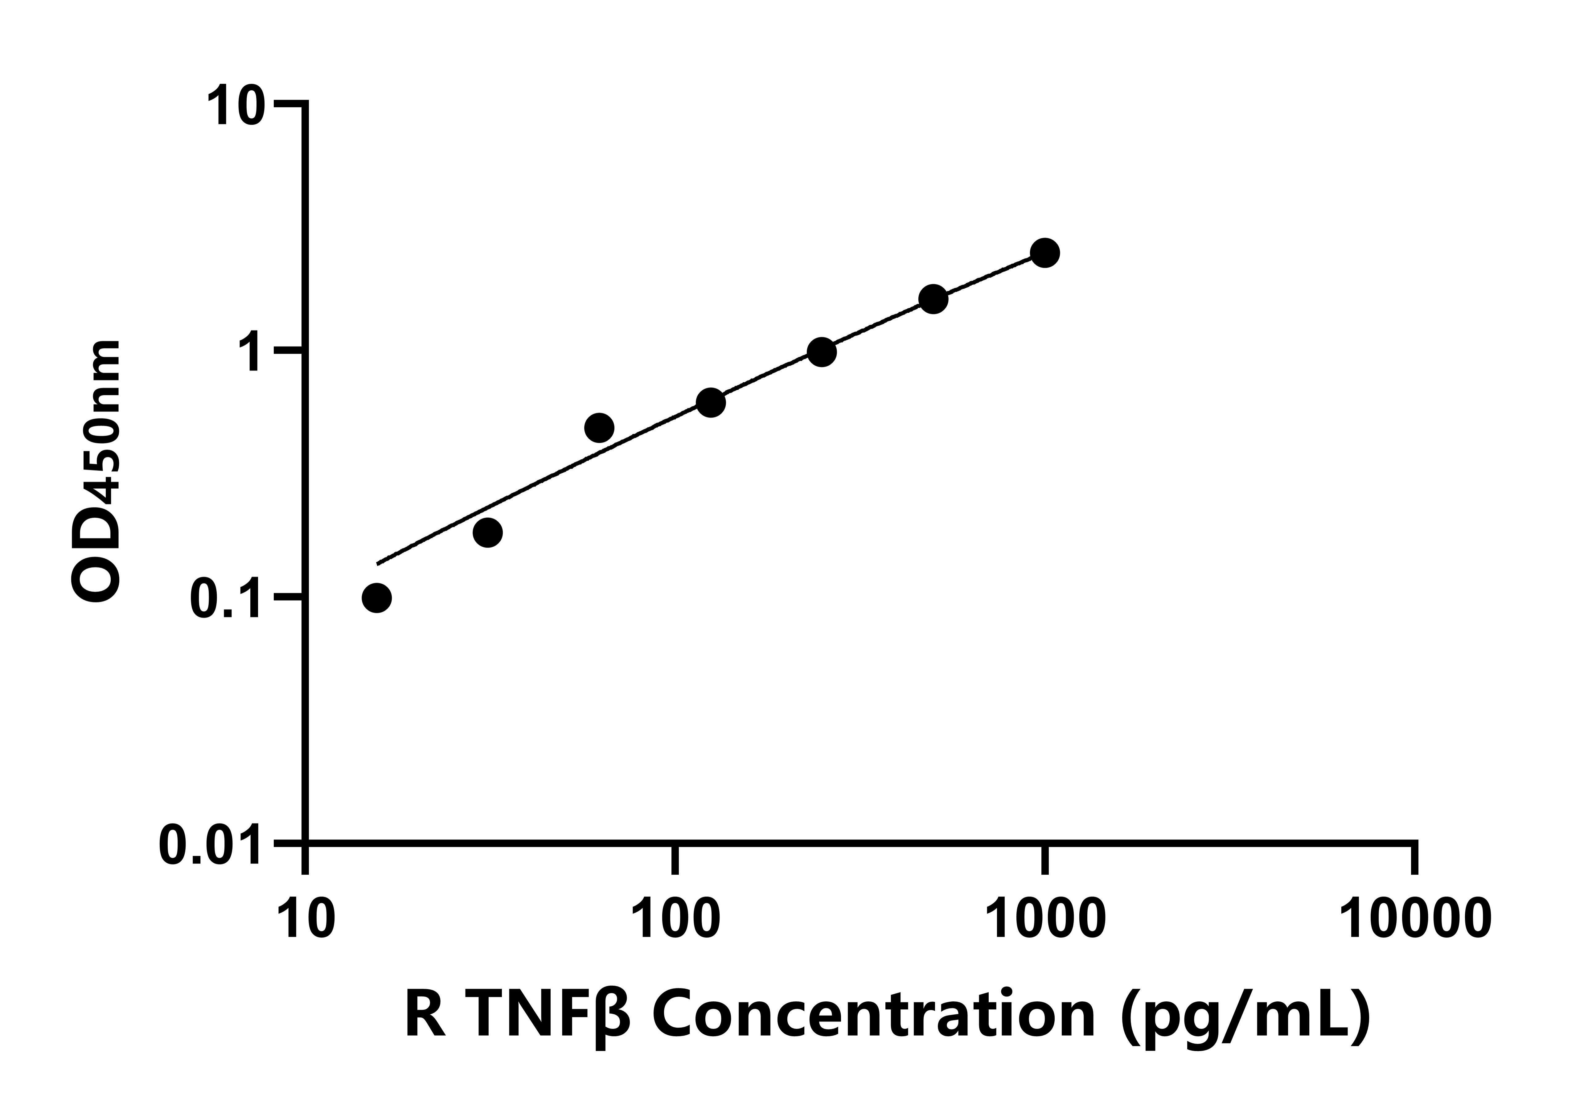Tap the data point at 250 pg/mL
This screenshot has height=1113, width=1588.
click(x=822, y=352)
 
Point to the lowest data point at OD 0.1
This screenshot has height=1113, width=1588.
click(x=376, y=598)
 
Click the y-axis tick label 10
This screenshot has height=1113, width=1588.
click(x=235, y=107)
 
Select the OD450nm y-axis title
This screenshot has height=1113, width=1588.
click(x=97, y=470)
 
